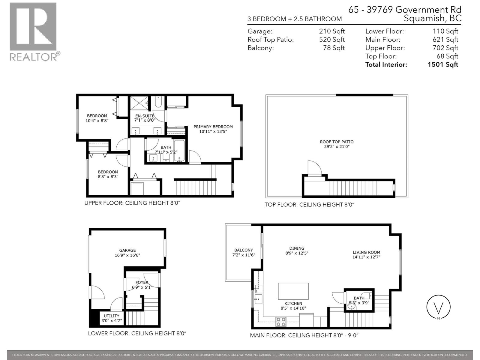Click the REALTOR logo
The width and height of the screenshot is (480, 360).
[33, 31]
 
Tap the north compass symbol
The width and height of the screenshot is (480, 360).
[438, 307]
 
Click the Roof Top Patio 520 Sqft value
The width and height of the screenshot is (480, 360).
[331, 40]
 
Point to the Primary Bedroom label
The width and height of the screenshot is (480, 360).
[213, 127]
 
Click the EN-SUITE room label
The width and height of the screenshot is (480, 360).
[145, 116]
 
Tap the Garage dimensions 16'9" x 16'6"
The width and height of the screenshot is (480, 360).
[127, 255]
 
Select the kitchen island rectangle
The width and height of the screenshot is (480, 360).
[293, 291]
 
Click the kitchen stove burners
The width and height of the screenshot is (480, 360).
[281, 322]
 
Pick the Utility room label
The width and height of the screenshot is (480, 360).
[112, 316]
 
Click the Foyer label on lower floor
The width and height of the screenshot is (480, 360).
[142, 282]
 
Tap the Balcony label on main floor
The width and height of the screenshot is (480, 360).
[244, 250]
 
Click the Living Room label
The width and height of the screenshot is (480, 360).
[366, 252]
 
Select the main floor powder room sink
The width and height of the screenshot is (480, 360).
[351, 307]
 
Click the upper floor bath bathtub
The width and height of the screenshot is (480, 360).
[179, 151]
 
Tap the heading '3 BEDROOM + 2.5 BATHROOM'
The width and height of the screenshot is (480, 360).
[294, 19]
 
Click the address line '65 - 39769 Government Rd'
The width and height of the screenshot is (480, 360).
[405, 10]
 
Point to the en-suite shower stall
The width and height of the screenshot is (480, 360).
[139, 103]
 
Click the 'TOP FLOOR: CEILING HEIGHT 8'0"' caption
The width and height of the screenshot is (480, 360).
[309, 205]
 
